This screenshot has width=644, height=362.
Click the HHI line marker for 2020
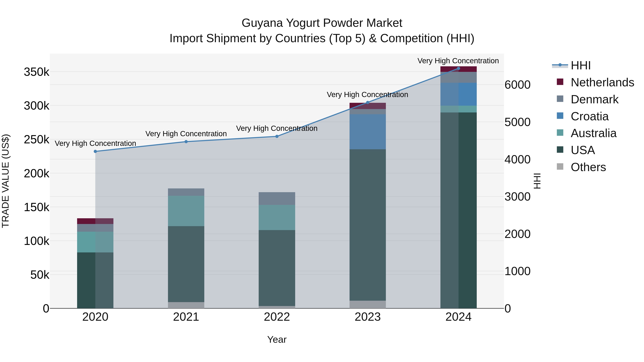pos(95,151)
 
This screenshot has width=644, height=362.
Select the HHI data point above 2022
pos(277,136)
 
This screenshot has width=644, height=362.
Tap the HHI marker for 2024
pos(458,68)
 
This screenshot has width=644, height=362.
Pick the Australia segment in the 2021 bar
pos(186,211)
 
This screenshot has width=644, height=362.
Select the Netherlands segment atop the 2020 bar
pos(95,221)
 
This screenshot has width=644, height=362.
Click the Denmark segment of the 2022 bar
pos(277,198)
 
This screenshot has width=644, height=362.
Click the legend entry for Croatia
pos(589,116)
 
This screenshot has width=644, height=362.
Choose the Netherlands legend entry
pos(602,82)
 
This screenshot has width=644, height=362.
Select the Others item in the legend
pos(588,167)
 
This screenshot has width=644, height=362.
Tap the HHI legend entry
pos(580,65)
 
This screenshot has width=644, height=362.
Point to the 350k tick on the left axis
pos(36,72)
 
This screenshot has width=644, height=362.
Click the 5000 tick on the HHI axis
pos(517,122)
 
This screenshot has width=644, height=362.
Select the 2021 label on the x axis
pos(186,317)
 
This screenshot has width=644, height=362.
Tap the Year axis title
pos(277,339)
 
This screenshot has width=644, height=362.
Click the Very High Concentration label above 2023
pos(367,95)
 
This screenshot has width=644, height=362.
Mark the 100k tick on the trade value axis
pos(36,241)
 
